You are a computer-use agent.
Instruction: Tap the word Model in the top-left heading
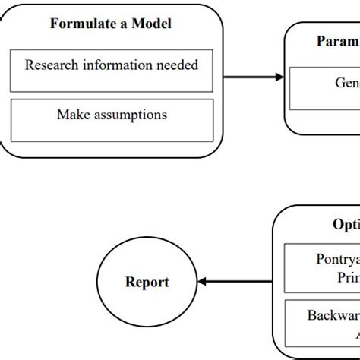pos(150,24)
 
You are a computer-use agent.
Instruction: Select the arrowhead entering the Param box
pos(279,77)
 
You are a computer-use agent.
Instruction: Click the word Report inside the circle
pos(147,283)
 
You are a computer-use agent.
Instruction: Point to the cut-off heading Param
pos(337,41)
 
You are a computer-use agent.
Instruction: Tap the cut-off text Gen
pos(347,82)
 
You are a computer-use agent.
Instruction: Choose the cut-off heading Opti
pos(346,224)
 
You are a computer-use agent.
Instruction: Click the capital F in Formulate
pos(55,24)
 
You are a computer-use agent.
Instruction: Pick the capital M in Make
pos(62,115)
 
